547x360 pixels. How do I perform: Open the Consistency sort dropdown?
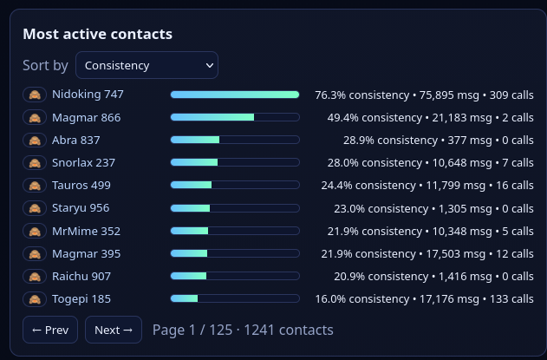click(147, 65)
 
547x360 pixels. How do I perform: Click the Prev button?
click(49, 330)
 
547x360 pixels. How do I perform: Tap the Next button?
click(113, 330)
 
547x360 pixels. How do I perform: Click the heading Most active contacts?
click(97, 34)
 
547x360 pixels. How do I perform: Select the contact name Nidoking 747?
click(88, 94)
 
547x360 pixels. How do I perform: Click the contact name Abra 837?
click(76, 140)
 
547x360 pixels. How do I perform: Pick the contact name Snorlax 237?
click(83, 162)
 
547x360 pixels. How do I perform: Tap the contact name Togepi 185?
click(81, 298)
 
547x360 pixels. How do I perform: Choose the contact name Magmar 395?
click(86, 253)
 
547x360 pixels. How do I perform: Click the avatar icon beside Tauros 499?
click(35, 185)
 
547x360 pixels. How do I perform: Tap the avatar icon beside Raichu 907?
click(35, 276)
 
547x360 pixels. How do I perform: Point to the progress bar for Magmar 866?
click(234, 117)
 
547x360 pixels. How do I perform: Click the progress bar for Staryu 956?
click(234, 208)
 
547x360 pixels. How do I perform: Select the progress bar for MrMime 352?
click(234, 231)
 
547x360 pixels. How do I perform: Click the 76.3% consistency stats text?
click(424, 94)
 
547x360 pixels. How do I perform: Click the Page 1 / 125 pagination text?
click(243, 330)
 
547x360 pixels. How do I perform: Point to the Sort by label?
click(45, 65)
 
